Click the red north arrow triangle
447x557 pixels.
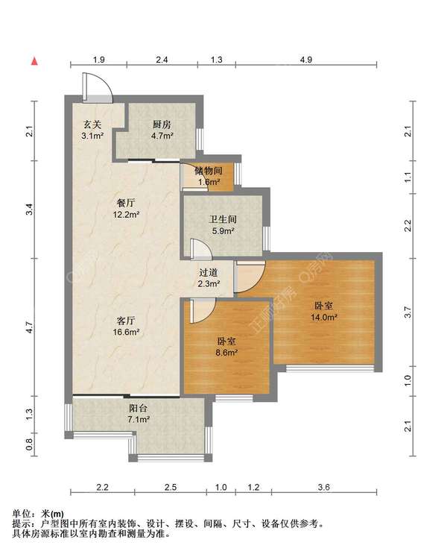pos(34,61)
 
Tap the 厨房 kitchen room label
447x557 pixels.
pos(162,125)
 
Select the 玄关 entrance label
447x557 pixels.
pos(92,125)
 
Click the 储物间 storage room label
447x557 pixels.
pos(209,171)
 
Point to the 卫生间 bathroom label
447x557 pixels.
pos(223,219)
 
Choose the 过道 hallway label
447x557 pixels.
pos(209,272)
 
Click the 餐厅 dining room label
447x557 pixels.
pos(126,203)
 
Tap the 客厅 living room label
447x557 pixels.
pos(126,321)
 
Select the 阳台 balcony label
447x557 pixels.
pos(138,408)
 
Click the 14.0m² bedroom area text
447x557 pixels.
pos(324,317)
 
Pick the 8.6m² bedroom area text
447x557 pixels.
pos(226,353)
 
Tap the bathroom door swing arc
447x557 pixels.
pos(204,245)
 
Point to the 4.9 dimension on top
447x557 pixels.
pos(305,60)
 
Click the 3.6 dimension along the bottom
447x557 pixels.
pos(324,487)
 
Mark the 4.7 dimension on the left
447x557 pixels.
pos(30,327)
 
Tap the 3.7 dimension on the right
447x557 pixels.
pos(408,312)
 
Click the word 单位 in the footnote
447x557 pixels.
pos(22,514)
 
